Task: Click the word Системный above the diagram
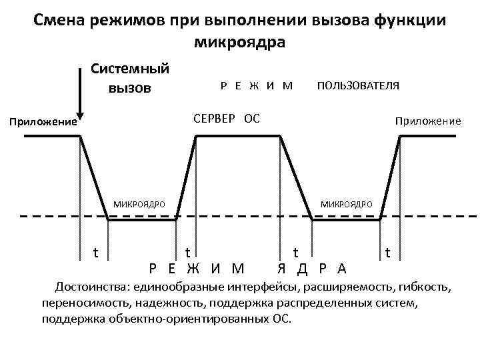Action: pos(130,69)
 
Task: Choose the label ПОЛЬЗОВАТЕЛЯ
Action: pos(358,86)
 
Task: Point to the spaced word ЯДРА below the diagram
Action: pos(311,269)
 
